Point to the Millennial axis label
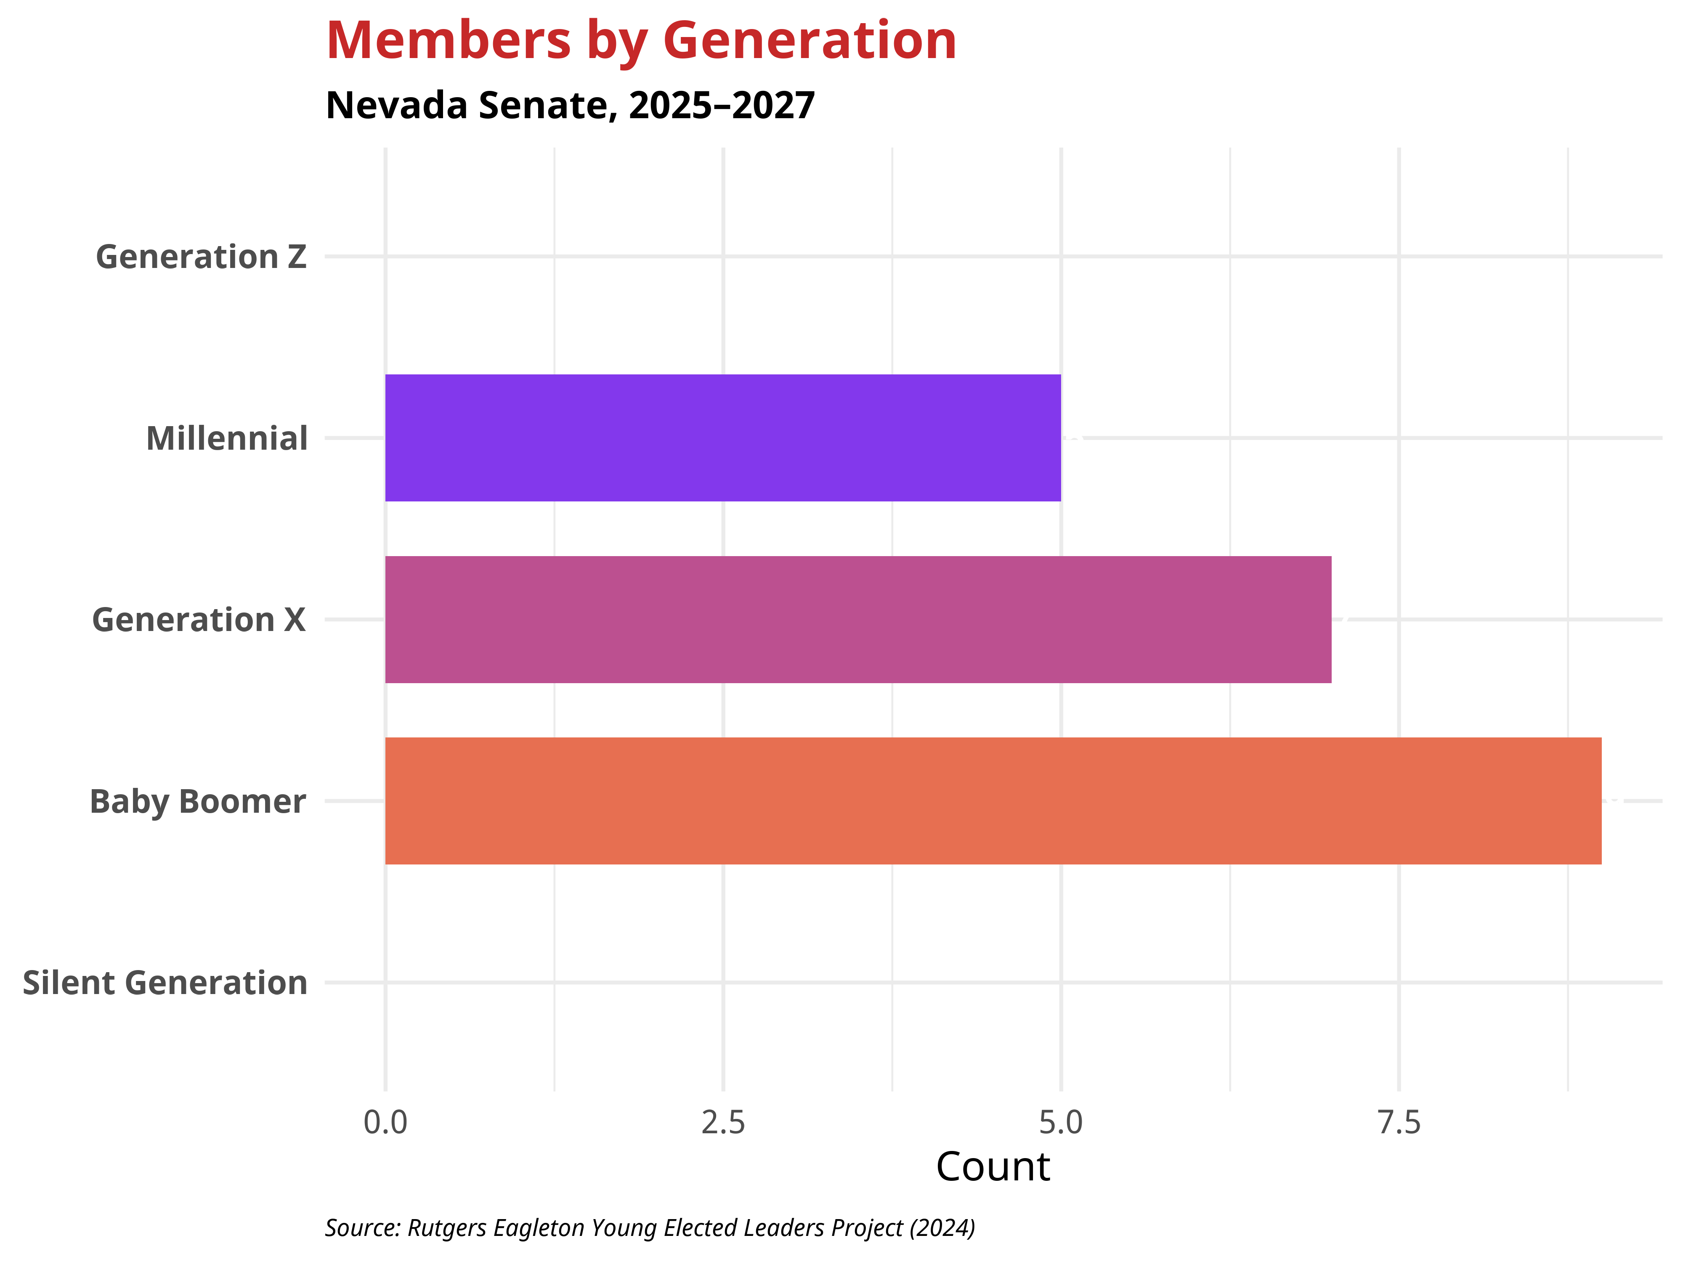coord(227,439)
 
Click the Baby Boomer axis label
coord(198,802)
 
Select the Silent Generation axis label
coord(165,983)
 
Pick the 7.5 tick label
coord(1399,1123)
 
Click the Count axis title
coord(993,1167)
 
